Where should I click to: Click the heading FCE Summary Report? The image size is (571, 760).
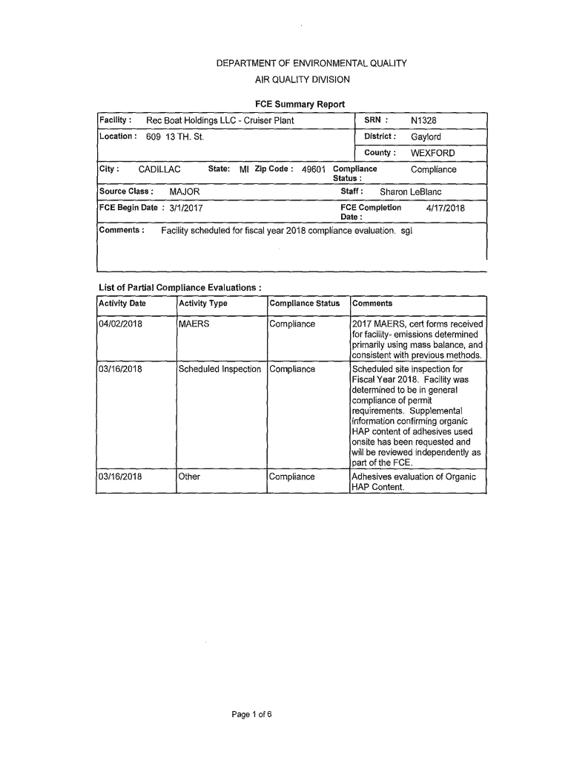pos(300,104)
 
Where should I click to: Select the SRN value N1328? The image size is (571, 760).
pos(425,120)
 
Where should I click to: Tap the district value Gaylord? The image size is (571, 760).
pos(426,137)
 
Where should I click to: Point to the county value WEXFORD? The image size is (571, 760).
pos(432,154)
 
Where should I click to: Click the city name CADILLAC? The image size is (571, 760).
pos(159,170)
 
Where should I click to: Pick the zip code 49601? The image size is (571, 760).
pos(314,170)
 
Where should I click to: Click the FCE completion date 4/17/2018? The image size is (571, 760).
pos(445,209)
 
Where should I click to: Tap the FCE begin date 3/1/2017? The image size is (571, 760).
pos(186,209)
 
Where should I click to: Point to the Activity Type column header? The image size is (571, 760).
pos(202,304)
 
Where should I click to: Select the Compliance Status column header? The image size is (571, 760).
pos(305,304)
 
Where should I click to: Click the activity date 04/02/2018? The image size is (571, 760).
pos(120,324)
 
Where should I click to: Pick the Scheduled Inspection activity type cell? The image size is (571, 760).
pos(220,370)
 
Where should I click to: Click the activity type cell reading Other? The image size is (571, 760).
pos(189,476)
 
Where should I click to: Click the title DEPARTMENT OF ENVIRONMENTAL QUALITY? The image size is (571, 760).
pos(311,64)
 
